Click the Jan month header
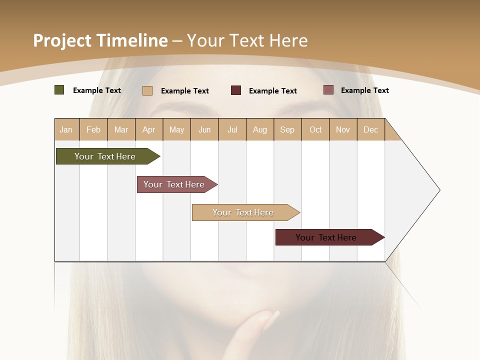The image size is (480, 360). click(66, 129)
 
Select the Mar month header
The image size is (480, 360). click(121, 129)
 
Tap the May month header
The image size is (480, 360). click(176, 129)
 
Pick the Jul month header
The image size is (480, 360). click(232, 129)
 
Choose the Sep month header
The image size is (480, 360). click(287, 129)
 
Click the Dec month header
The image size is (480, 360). click(370, 129)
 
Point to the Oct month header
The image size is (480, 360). click(315, 129)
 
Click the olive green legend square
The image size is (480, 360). click(59, 90)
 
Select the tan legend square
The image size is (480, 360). click(147, 90)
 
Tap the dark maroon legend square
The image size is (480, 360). click(236, 90)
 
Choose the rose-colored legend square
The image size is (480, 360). click(328, 90)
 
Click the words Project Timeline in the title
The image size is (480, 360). click(100, 40)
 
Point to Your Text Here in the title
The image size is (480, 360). click(247, 40)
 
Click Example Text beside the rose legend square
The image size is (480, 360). click(364, 90)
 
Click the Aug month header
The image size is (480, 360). click(259, 129)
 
